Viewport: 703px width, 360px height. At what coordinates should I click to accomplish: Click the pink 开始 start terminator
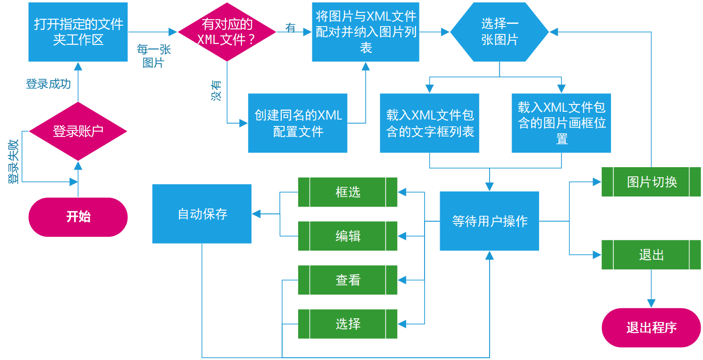point(78,217)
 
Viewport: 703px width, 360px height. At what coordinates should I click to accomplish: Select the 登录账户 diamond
point(78,131)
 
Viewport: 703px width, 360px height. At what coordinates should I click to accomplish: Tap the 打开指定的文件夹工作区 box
point(78,32)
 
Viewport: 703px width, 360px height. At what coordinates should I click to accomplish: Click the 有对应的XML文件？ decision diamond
point(227,32)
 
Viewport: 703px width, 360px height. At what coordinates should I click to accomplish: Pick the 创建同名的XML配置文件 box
point(298,123)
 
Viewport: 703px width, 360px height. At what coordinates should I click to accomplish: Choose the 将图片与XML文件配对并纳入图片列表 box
point(365,32)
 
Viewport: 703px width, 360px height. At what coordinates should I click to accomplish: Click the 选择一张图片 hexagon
point(499,32)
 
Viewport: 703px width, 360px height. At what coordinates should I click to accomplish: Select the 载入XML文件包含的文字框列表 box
point(430,123)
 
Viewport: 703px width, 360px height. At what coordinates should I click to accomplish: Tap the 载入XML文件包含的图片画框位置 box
point(561,123)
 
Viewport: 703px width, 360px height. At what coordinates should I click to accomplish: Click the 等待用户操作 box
point(490,221)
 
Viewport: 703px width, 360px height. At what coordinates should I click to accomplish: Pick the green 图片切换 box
point(651,182)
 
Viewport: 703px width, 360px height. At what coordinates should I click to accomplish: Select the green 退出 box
point(651,255)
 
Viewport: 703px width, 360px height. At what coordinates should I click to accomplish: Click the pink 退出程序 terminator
point(651,327)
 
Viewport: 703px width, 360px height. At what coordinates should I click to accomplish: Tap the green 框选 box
point(348,192)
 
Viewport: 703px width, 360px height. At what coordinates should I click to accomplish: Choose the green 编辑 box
point(348,236)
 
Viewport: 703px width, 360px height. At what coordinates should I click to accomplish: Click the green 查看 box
point(348,280)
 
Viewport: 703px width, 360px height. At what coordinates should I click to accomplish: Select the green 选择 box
point(348,324)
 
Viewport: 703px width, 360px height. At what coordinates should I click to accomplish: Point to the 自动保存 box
point(202,214)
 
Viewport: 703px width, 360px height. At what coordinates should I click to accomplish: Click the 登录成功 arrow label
point(48,84)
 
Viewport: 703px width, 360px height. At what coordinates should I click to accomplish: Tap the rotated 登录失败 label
point(14,162)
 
